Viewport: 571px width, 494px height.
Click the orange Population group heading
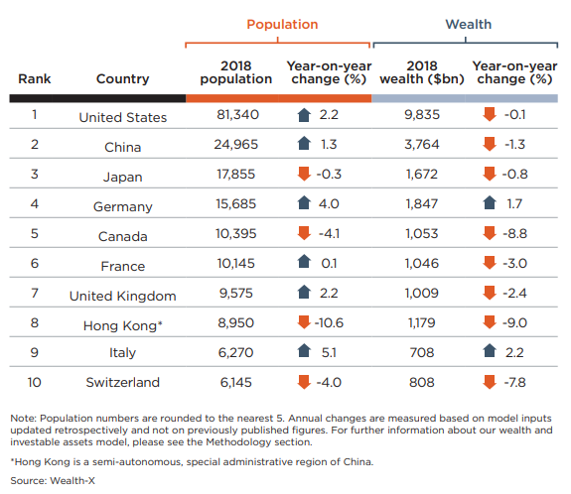click(x=282, y=25)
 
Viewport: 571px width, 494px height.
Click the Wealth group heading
click(x=469, y=25)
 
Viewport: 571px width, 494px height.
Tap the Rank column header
click(x=35, y=78)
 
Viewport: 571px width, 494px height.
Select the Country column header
click(x=123, y=78)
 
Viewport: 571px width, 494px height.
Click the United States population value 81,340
click(x=237, y=115)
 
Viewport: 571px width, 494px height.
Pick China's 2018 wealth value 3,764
click(x=422, y=145)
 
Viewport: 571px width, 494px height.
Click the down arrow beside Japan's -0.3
click(x=304, y=174)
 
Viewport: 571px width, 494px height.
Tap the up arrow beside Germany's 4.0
click(x=304, y=203)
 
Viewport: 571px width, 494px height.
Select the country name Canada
click(x=123, y=236)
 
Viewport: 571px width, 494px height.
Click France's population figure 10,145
click(x=236, y=264)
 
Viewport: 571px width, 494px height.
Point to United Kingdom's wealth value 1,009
click(x=422, y=294)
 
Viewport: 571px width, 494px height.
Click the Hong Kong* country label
click(x=123, y=325)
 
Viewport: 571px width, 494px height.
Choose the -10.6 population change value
click(x=329, y=323)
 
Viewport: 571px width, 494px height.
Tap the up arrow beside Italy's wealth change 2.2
click(x=490, y=351)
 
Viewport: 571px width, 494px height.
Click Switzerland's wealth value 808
click(x=422, y=382)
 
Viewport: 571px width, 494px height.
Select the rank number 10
click(x=34, y=382)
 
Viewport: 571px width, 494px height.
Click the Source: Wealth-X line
click(x=53, y=481)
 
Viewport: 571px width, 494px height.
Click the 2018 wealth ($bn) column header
click(x=422, y=72)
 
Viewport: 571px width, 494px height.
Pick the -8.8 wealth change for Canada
click(x=514, y=233)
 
